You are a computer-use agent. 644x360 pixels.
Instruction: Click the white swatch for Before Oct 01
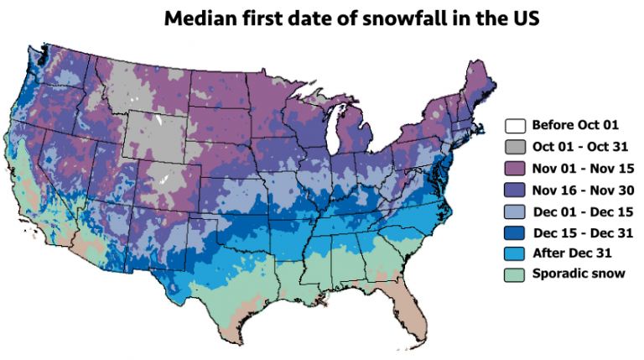pos(515,126)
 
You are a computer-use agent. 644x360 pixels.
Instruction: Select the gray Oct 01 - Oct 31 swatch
pos(515,147)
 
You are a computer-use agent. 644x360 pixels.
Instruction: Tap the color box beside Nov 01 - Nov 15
pos(515,169)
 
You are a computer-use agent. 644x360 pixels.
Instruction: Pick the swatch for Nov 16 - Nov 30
pos(515,190)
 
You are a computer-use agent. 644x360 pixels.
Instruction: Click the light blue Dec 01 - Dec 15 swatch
pos(515,211)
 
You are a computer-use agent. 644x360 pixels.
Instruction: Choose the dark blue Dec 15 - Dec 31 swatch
pos(515,232)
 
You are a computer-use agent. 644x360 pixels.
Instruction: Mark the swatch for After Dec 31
pos(515,253)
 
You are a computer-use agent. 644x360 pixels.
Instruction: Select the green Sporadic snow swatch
pos(515,274)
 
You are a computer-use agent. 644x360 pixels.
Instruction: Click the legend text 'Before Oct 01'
pos(575,126)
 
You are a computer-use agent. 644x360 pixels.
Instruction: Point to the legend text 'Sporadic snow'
pos(578,274)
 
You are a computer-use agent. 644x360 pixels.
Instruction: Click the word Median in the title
pos(197,18)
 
